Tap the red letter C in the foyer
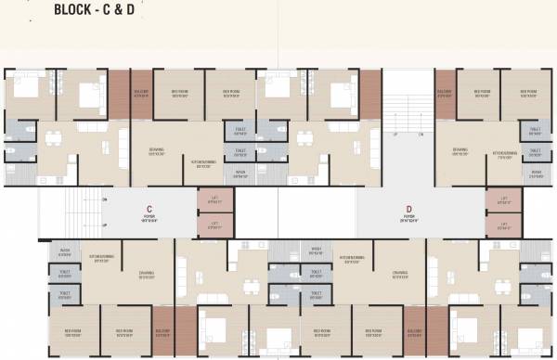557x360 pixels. pyautogui.click(x=149, y=209)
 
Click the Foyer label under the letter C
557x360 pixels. pyautogui.click(x=149, y=220)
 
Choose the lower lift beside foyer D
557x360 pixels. pyautogui.click(x=504, y=226)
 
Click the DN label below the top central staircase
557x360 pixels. pyautogui.click(x=421, y=135)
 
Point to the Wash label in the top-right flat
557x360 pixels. pyautogui.click(x=536, y=173)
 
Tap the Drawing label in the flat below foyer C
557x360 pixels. pyautogui.click(x=147, y=274)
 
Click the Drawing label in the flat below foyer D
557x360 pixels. pyautogui.click(x=400, y=274)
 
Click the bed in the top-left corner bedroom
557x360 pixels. pyautogui.click(x=25, y=91)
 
